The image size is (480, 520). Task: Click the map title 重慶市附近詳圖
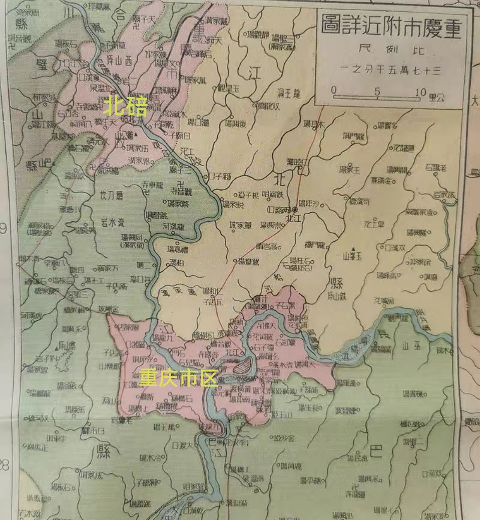click(392, 28)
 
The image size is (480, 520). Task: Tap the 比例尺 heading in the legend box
click(391, 50)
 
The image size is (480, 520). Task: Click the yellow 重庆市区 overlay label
click(178, 378)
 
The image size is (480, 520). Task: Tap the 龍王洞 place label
click(289, 94)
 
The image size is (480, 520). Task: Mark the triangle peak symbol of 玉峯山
click(352, 249)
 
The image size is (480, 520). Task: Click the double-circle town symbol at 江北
click(294, 209)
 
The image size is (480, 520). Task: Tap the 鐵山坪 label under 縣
click(339, 294)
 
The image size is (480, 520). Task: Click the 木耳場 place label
click(313, 124)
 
